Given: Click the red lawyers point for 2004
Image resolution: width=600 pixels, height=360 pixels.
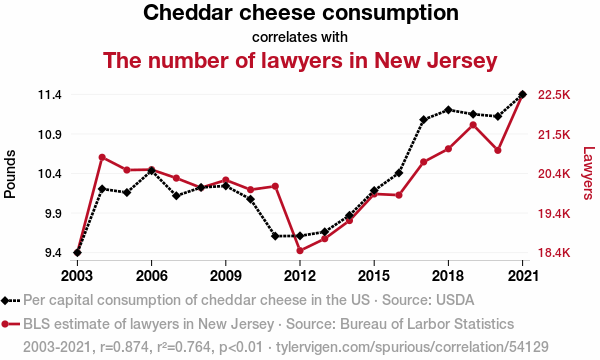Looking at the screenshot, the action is [102, 157].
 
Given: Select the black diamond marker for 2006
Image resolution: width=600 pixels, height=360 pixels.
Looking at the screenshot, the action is [152, 171].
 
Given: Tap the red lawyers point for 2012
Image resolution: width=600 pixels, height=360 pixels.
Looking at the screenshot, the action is [300, 251].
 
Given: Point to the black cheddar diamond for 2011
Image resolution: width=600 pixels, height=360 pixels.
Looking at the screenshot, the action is [275, 236].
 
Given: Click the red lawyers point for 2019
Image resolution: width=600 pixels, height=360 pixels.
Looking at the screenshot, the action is [473, 125].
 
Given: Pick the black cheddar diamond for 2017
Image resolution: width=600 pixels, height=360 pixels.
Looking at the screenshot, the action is [424, 120].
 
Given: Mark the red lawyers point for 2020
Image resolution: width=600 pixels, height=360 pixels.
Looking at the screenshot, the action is [498, 150].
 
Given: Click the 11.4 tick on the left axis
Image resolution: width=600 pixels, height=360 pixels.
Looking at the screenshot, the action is [50, 94].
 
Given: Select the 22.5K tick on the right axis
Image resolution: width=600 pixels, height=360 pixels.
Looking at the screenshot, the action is [554, 94].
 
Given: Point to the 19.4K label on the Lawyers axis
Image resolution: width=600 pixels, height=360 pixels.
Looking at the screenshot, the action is [554, 213].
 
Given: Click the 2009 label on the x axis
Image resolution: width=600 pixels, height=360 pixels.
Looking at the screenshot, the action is [226, 275].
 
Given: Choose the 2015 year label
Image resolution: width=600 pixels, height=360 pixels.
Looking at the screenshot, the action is [374, 275].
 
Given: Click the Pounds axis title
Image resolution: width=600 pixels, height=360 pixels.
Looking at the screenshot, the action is [10, 174].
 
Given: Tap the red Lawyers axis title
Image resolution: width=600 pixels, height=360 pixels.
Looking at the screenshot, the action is [589, 173].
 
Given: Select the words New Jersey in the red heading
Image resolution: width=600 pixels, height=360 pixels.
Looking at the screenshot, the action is [435, 60].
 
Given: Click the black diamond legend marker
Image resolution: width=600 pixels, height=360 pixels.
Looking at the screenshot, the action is [5, 301].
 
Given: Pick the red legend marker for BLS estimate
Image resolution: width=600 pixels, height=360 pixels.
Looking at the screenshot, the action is [5, 324].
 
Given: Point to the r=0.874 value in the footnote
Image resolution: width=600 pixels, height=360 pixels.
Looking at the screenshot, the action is [125, 347].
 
